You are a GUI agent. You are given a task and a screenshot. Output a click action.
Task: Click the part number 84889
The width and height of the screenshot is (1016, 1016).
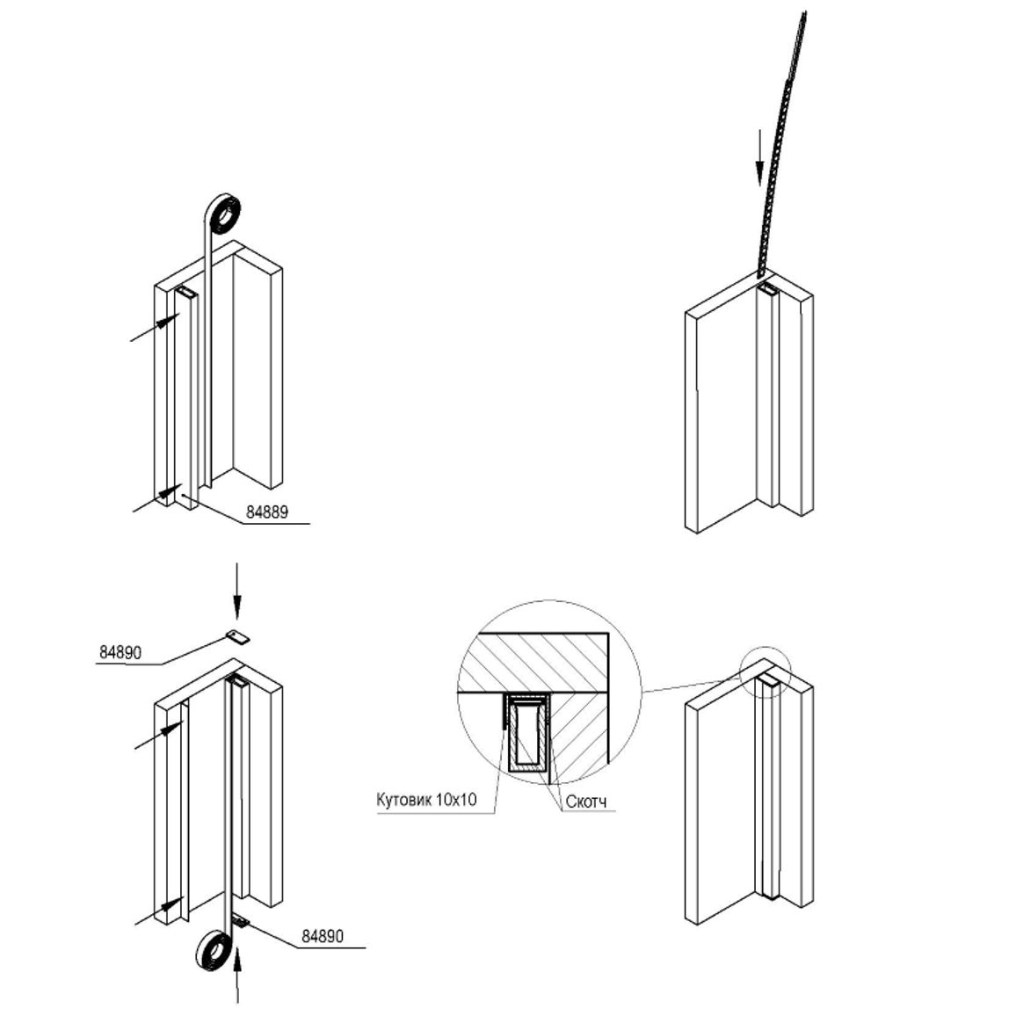267,512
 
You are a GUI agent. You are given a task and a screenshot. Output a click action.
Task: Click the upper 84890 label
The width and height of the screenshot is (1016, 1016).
120,652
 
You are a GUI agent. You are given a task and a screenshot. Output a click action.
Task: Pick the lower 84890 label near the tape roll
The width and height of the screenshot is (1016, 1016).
323,936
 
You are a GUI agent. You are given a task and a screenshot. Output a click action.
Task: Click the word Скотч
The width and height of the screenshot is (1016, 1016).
586,802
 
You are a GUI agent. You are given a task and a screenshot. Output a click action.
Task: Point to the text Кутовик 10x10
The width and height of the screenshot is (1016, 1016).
426,800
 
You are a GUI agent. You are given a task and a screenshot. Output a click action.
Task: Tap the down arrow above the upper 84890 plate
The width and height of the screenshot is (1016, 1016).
236,591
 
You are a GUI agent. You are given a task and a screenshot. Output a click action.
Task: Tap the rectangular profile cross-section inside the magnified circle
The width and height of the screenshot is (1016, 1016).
528,733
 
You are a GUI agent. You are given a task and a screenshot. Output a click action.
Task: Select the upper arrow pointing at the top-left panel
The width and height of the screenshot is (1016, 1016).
156,327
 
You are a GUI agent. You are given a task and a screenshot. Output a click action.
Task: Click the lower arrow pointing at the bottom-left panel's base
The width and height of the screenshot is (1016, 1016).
159,911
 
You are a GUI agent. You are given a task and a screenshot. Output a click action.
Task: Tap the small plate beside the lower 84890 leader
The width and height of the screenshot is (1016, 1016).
241,921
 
